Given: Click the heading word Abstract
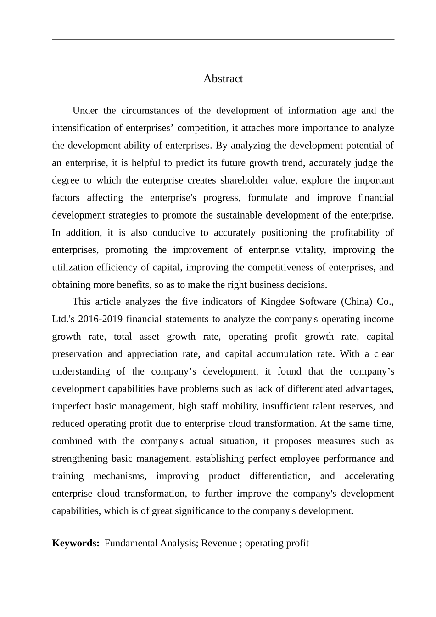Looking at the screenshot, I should pos(223,79).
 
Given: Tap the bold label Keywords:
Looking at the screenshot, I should pos(76,543).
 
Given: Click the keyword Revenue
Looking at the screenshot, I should pos(219,543).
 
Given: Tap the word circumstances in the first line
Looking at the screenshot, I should pos(150,111).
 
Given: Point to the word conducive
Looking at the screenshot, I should pos(174,233).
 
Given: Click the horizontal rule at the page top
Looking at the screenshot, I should pos(223,39).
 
